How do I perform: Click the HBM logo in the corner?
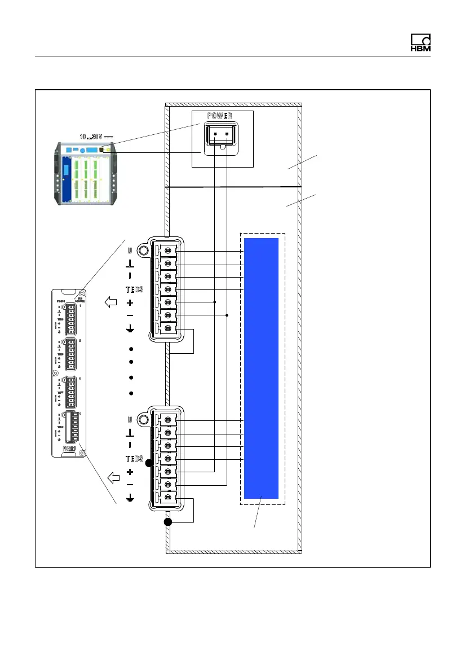tap(420, 44)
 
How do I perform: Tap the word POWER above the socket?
tap(222, 116)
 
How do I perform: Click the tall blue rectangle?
tap(262, 368)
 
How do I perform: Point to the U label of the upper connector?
tap(130, 251)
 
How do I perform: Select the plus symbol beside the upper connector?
tap(130, 302)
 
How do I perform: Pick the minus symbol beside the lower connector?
tap(130, 485)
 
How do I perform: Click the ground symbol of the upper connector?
tap(130, 329)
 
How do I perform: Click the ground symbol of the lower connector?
tap(130, 498)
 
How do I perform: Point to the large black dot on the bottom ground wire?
tap(168, 522)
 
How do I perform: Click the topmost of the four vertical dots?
tap(130, 348)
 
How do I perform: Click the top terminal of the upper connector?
tap(167, 251)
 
